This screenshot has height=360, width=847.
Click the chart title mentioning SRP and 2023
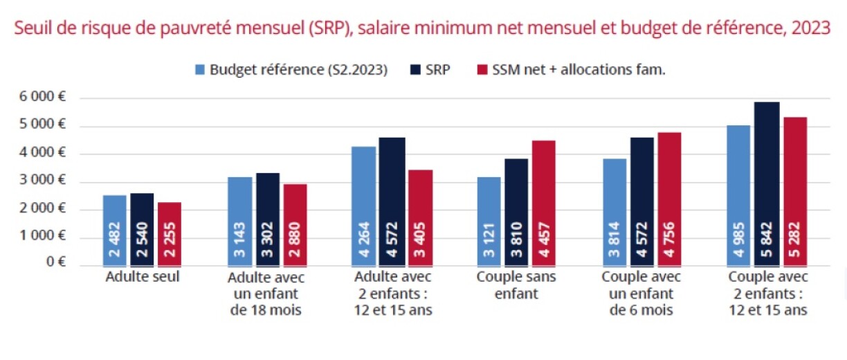tap(422, 30)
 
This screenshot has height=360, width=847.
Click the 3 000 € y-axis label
tap(43, 181)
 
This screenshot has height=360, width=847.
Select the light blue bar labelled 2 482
tap(115, 231)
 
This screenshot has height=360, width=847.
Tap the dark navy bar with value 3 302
tap(268, 219)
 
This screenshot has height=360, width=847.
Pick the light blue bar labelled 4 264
tap(364, 206)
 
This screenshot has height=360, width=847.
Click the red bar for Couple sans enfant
tap(544, 204)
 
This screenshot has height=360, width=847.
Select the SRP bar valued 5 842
tap(767, 184)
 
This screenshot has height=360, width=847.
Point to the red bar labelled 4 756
tap(669, 199)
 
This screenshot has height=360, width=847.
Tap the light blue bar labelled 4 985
tap(738, 196)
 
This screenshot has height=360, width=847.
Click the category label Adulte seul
tap(143, 278)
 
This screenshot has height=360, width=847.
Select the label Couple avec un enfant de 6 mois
tap(641, 294)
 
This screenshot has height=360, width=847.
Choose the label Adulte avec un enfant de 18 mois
tap(266, 294)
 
